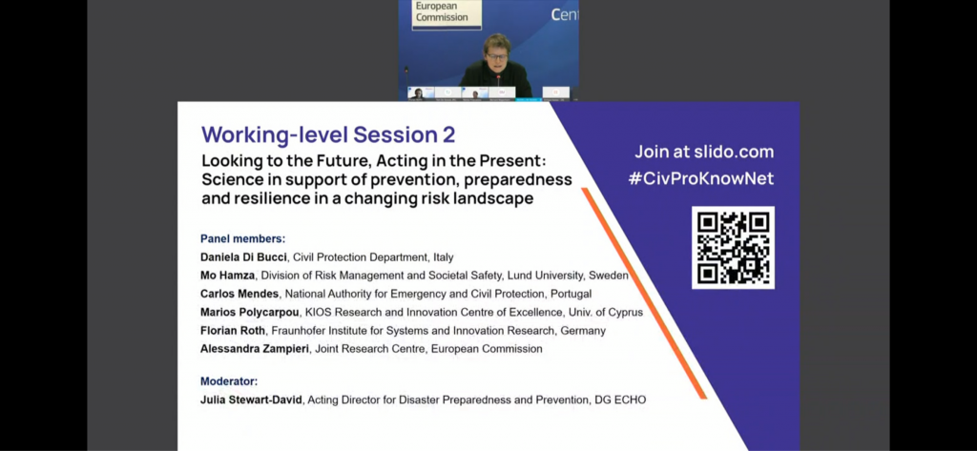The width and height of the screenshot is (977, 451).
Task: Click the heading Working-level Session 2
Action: [x=328, y=134]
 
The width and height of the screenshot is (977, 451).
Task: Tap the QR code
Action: [x=734, y=248]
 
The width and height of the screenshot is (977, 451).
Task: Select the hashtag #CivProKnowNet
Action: [x=701, y=179]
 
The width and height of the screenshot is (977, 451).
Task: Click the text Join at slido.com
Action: [x=704, y=152]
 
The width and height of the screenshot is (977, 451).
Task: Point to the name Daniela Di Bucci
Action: [x=243, y=257]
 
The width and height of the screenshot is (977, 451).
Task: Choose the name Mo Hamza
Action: [x=227, y=276]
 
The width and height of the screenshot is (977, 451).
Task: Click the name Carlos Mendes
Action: [x=239, y=294]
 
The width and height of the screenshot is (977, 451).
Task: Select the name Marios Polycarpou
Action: [x=250, y=312]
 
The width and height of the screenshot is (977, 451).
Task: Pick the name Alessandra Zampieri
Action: [x=254, y=349]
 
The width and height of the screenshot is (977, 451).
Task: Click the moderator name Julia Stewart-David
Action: [x=252, y=400]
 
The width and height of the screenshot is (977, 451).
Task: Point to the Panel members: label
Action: [x=243, y=238]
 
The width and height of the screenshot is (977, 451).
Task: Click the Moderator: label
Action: [x=229, y=381]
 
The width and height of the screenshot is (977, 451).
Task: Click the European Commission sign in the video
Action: [x=447, y=13]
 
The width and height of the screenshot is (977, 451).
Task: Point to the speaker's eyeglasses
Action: [x=496, y=56]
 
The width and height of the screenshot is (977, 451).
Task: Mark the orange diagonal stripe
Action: [x=644, y=294]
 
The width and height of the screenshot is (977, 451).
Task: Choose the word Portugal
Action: [x=571, y=294]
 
